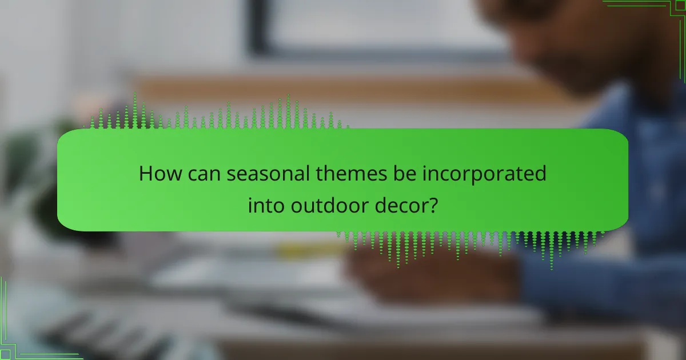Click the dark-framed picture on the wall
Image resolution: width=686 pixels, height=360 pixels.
coord(366,29)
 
